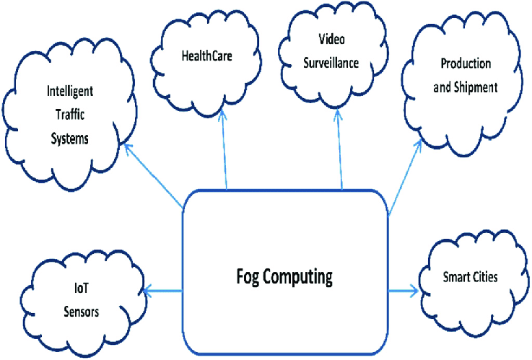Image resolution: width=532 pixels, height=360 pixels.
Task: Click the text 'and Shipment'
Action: (466, 87)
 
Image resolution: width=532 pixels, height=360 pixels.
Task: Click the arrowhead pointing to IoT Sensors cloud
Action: (147, 291)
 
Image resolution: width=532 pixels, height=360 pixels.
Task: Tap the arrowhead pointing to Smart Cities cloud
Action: (414, 291)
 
